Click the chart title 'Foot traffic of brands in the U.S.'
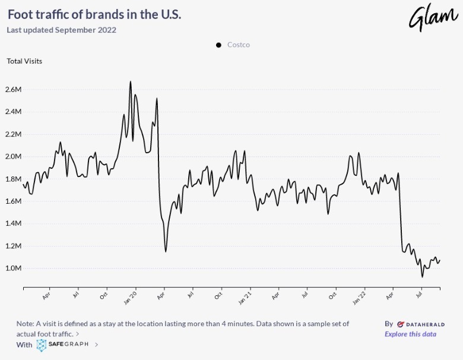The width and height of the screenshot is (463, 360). coord(94,14)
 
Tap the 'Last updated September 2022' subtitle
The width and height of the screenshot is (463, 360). coord(61,30)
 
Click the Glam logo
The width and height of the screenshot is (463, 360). coord(433,17)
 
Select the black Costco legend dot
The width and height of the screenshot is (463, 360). coord(218,45)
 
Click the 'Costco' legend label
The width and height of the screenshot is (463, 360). coord(239,45)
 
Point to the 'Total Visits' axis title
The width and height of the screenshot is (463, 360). coord(24,61)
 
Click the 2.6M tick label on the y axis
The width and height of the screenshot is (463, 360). coord(14,90)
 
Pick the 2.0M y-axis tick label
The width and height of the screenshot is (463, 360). coord(14,157)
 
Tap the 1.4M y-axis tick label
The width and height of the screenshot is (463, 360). coord(14,224)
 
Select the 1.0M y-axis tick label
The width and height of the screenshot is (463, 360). coord(14,269)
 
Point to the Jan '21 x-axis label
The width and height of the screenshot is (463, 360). coord(245,295)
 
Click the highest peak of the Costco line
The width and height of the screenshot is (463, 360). coord(131,82)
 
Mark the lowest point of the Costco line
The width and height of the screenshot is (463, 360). coord(422,277)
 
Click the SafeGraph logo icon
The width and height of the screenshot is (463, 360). coord(42,345)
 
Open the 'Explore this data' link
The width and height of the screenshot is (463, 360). coord(410,334)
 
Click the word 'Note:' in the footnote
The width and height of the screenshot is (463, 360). coord(26,324)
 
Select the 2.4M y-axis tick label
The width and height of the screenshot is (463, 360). coord(14,112)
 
